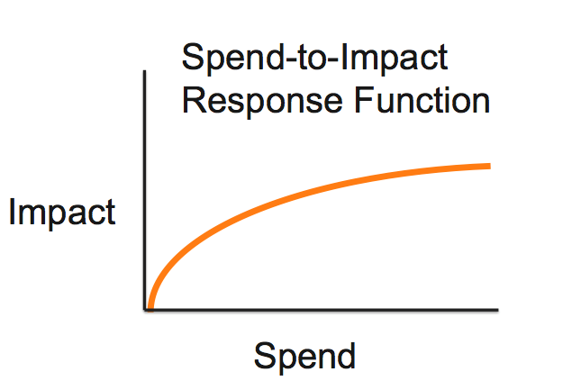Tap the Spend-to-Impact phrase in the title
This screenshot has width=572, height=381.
[x=314, y=59]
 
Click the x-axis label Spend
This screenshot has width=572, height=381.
[x=304, y=356]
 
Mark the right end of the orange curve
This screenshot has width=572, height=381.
[x=489, y=166]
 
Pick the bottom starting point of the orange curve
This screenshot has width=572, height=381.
[x=150, y=308]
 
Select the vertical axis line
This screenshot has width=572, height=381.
[x=144, y=189]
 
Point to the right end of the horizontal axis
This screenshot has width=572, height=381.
[x=498, y=311]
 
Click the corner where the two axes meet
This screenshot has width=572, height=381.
[x=144, y=311]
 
